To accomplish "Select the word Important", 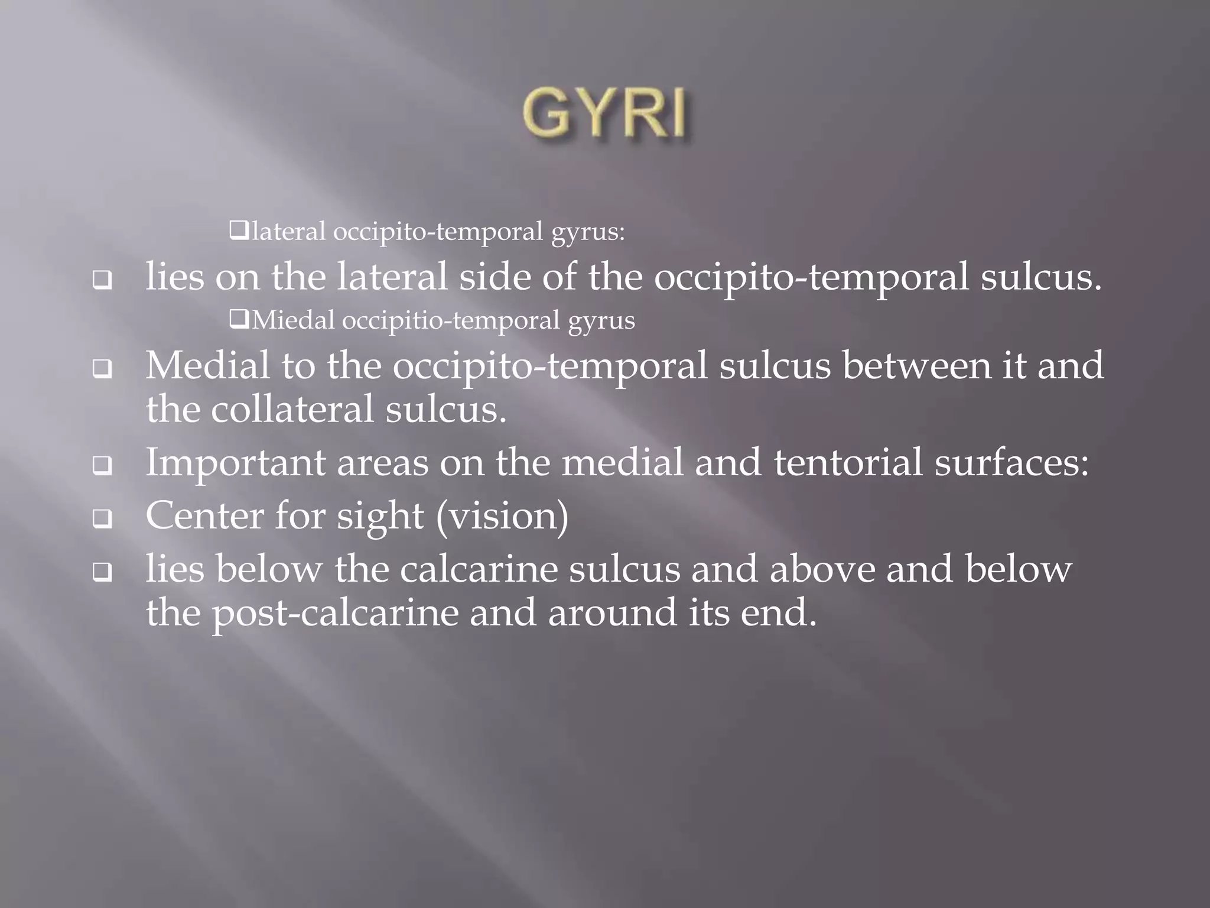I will (x=235, y=462).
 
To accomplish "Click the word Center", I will (x=204, y=515).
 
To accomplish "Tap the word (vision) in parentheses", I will (x=502, y=515).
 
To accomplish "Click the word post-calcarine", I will (x=335, y=612).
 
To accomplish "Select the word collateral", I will (x=292, y=409).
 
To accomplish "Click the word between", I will (x=916, y=365).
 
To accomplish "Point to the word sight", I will (x=380, y=515).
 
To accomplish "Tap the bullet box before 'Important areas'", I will (x=102, y=467).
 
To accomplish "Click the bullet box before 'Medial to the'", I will (x=102, y=370).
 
